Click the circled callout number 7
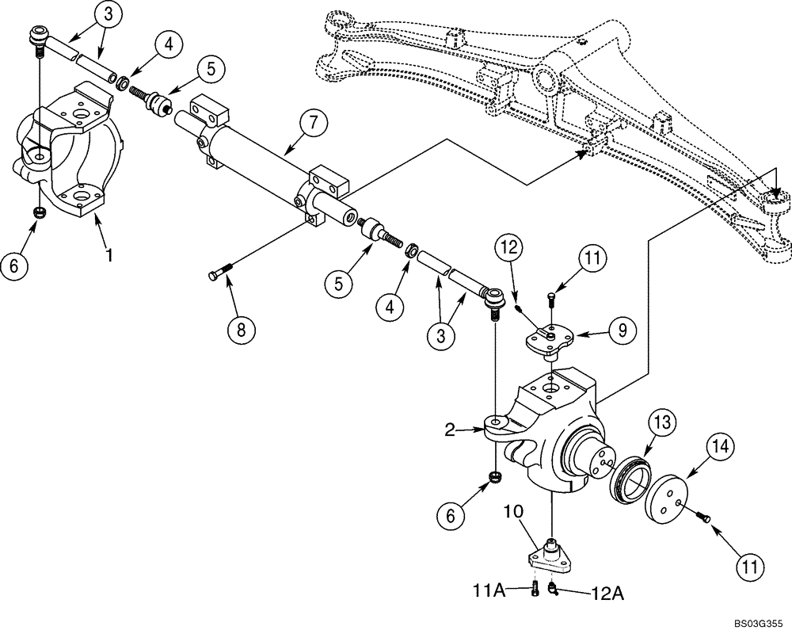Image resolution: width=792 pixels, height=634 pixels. pos(313,123)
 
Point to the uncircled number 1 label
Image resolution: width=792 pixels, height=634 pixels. pos(110,255)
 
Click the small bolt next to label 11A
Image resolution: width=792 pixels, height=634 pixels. pos(535,590)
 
